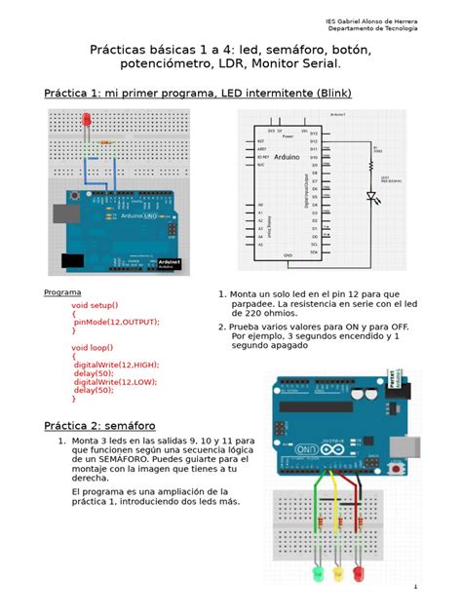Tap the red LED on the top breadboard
click(x=87, y=120)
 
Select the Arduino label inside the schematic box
click(x=287, y=156)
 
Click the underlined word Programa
click(x=63, y=292)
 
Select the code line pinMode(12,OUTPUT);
click(x=115, y=322)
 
